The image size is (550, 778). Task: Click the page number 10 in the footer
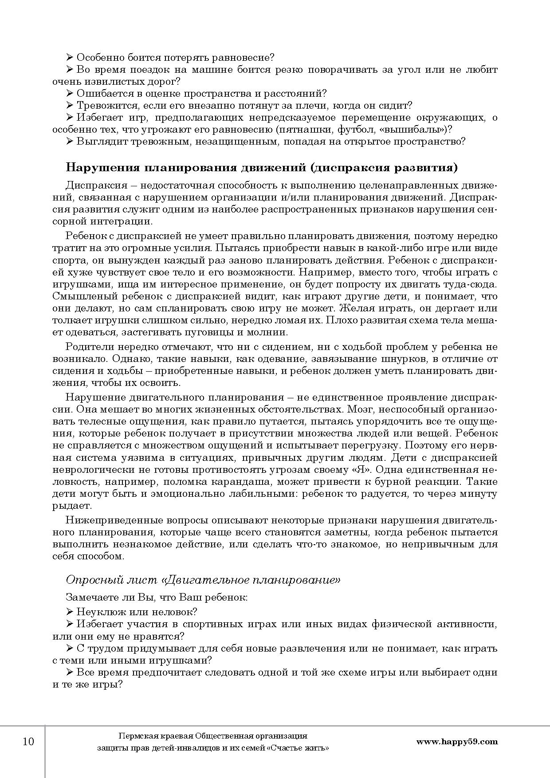point(28,741)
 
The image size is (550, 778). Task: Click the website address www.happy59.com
point(457,741)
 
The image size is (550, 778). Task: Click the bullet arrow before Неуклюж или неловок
point(69,612)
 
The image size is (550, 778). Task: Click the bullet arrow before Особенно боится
point(69,57)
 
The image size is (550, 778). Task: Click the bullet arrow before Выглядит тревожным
point(69,141)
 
